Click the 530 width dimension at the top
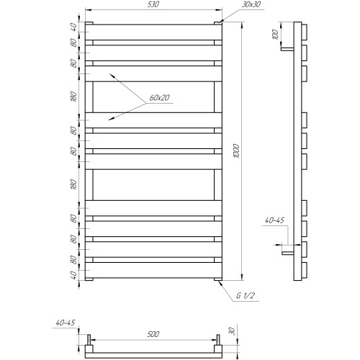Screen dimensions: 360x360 click(x=153, y=4)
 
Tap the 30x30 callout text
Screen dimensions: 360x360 click(x=251, y=4)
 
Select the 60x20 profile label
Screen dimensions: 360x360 click(x=159, y=98)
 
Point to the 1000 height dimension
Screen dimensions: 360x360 click(x=236, y=151)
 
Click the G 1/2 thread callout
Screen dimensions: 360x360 click(x=245, y=295)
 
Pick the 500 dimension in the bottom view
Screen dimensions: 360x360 click(x=153, y=334)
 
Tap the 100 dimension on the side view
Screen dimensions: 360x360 click(x=276, y=35)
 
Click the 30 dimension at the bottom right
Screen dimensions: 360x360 click(x=232, y=331)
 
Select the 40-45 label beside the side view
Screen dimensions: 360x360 click(x=274, y=220)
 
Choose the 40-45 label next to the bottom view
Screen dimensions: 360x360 click(x=66, y=323)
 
